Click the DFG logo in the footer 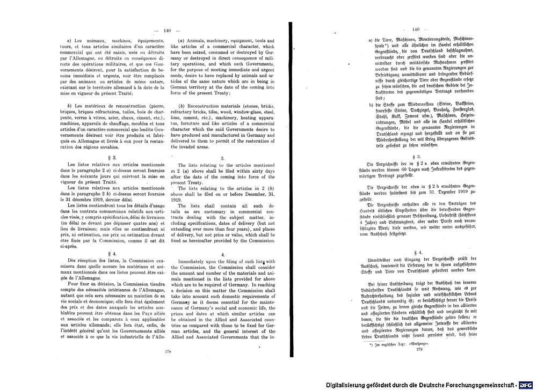tap(527, 384)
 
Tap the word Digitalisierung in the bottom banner tap(348, 384)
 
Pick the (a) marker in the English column tap(183, 41)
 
